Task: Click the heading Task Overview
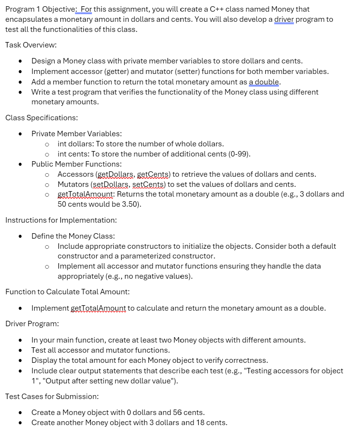pos(31,45)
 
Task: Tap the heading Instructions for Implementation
pos(61,220)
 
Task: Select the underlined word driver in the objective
pos(284,19)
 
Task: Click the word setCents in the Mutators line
pos(149,184)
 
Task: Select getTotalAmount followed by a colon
pos(85,194)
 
